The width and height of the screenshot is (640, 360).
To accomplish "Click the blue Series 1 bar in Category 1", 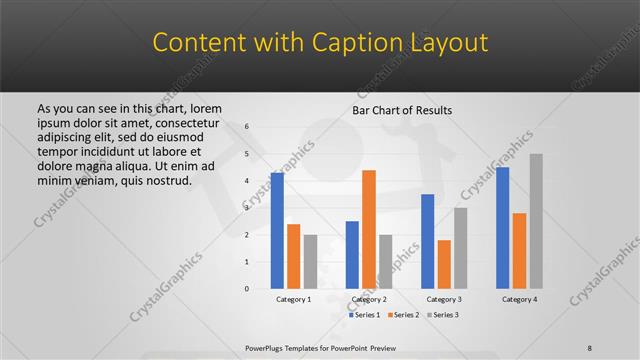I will click(x=277, y=231).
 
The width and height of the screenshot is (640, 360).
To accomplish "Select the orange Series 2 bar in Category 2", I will click(x=368, y=229).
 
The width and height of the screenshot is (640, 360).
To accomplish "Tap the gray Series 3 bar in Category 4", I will click(x=536, y=221).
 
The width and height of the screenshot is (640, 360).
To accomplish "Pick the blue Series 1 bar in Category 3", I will click(x=427, y=241).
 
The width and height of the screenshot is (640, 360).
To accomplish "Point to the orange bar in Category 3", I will click(x=444, y=264).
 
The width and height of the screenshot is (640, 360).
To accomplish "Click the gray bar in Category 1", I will click(x=310, y=262).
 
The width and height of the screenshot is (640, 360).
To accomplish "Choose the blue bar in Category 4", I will click(x=502, y=228).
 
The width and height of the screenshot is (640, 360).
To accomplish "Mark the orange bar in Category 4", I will click(x=519, y=251).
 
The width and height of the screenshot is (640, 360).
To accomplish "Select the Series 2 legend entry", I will click(x=403, y=315).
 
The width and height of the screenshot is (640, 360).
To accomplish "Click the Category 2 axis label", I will click(x=369, y=299).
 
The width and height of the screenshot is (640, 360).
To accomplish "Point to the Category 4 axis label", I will click(x=519, y=299).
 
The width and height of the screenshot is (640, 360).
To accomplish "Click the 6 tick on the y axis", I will click(x=247, y=127).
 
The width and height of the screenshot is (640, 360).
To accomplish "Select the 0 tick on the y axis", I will click(x=247, y=289).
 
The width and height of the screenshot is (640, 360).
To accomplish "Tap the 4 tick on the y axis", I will click(x=247, y=181).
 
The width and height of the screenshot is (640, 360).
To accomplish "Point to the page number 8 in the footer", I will click(x=590, y=347).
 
